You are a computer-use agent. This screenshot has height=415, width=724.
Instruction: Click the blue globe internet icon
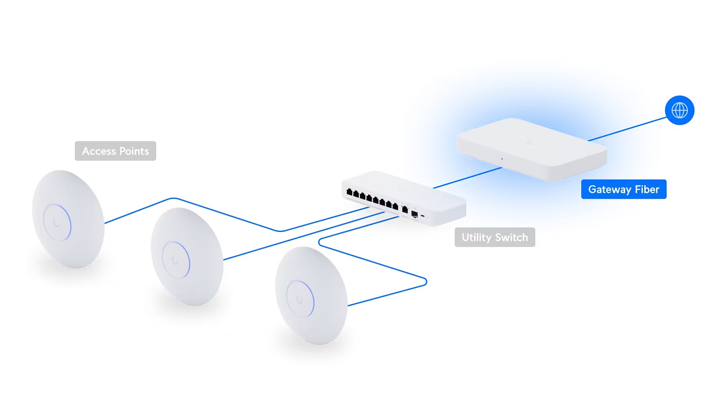click(x=680, y=110)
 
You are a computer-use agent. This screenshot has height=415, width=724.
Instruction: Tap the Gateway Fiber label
click(x=624, y=189)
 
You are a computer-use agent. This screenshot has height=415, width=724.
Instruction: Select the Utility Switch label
click(x=495, y=237)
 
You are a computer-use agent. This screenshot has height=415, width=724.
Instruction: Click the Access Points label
click(x=115, y=151)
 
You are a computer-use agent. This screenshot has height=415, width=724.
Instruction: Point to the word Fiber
click(x=647, y=189)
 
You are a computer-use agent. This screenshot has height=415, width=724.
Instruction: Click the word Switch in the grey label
click(x=511, y=237)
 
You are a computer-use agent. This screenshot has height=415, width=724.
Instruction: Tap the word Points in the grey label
click(x=134, y=151)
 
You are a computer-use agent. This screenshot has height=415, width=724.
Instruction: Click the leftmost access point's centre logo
click(x=56, y=223)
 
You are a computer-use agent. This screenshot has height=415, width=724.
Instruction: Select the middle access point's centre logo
click(x=175, y=260)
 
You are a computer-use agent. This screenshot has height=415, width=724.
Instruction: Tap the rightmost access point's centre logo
click(x=299, y=300)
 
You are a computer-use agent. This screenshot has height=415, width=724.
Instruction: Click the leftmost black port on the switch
click(x=349, y=192)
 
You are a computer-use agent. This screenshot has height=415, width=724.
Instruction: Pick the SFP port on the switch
click(x=414, y=214)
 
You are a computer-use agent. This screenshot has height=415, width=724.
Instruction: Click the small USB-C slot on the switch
click(x=423, y=215)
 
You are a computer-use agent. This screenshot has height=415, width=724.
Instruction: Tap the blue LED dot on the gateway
click(x=502, y=159)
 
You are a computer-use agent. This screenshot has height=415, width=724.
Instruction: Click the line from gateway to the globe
click(x=627, y=129)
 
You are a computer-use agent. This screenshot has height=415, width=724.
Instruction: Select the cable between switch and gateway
click(x=467, y=177)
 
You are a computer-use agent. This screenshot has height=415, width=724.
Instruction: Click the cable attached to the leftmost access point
click(x=227, y=214)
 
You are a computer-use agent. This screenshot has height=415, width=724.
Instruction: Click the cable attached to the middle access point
click(x=304, y=235)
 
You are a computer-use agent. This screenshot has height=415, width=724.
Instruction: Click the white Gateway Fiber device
click(x=532, y=150)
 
